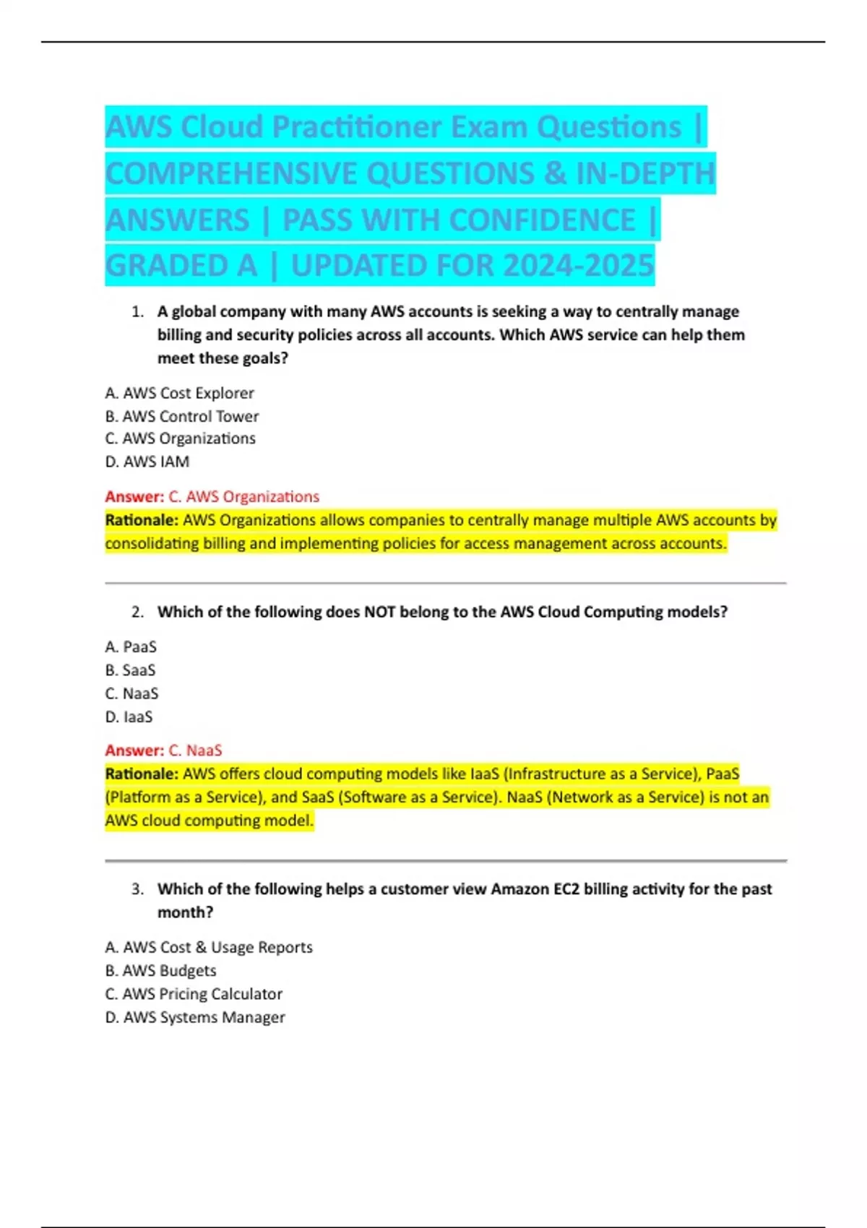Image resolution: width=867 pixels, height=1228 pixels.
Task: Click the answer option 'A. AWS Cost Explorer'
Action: [179, 393]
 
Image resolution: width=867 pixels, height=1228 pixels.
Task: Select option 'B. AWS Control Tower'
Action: [181, 416]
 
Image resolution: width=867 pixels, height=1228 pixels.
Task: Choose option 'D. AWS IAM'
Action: [147, 462]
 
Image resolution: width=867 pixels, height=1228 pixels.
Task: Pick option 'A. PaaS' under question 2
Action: [131, 647]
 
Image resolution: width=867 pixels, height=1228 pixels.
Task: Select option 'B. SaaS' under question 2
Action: [130, 670]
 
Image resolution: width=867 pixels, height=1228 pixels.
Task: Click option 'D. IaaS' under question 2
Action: [129, 717]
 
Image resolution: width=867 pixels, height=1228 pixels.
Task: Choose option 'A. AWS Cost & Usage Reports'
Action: [209, 947]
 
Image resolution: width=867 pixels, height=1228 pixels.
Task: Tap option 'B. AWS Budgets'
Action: [160, 971]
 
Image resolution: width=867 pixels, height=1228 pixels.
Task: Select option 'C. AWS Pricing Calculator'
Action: [194, 994]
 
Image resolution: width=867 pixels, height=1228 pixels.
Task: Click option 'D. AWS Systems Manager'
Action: [195, 1017]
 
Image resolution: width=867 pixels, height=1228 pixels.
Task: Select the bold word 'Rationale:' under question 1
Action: [142, 520]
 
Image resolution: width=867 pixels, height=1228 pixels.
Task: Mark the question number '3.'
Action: [137, 889]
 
